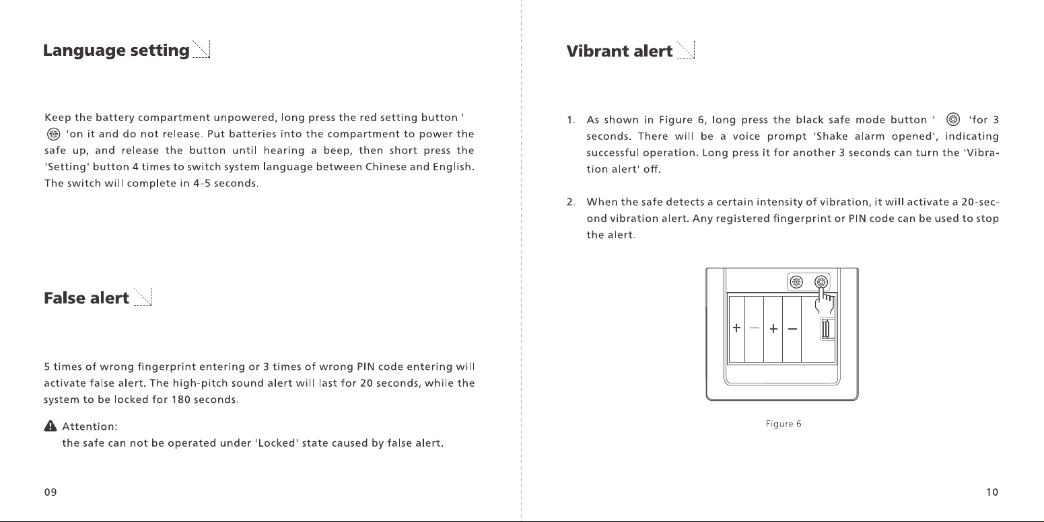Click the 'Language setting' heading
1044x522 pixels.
[116, 50]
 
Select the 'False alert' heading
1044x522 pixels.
[86, 298]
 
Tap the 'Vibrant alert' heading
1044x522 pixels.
[619, 51]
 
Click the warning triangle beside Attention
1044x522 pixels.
[50, 426]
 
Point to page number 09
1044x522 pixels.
[50, 492]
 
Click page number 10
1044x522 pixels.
[992, 492]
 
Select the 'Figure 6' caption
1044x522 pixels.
[784, 424]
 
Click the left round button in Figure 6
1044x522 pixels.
[796, 282]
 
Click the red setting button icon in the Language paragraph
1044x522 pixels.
[54, 135]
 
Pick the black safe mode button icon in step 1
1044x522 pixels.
[953, 120]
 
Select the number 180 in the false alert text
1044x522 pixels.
[180, 400]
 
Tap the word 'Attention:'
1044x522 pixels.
[90, 426]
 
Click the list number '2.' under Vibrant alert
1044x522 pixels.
[571, 202]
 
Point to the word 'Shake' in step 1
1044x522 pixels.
[831, 137]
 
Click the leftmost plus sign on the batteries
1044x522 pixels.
[736, 328]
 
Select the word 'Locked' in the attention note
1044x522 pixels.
[277, 443]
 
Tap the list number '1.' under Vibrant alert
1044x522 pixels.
[571, 120]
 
